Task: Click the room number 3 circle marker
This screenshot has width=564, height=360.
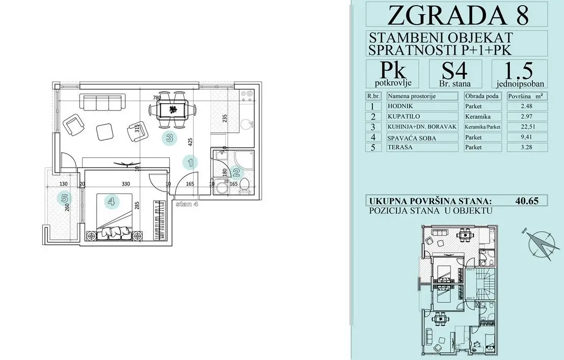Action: tap(170, 137)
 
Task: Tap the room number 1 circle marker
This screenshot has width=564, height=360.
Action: tap(190, 163)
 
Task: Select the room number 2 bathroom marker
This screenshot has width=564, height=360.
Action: tap(235, 173)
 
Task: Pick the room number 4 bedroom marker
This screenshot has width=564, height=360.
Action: tap(112, 202)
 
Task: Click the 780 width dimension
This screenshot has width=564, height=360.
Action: tap(158, 98)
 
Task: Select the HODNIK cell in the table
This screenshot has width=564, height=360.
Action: tap(399, 106)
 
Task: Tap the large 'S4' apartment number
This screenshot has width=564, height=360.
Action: tap(455, 69)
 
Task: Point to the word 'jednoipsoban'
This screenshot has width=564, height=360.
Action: tap(519, 84)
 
